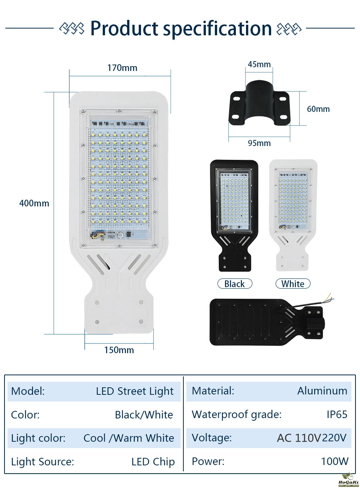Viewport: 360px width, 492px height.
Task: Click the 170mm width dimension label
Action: coord(122,68)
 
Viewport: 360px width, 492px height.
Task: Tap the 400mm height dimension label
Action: coord(34,203)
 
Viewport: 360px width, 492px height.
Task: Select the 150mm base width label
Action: coord(119,350)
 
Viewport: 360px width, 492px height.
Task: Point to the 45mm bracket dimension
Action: coord(259,64)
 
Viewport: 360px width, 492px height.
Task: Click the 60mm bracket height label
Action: coord(318,109)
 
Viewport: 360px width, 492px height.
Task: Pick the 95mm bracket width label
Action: coord(259,143)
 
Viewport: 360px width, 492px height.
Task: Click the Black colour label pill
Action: coord(235,284)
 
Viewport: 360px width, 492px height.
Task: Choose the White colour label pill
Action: coord(293,284)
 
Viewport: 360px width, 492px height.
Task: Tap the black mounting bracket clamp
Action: coord(259,104)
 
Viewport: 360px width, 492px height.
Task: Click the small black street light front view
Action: coord(234,216)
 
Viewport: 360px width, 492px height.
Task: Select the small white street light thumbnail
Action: coord(293,215)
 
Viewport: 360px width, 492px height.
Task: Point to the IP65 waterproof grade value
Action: coord(337,414)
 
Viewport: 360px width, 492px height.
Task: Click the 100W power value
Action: coord(334,461)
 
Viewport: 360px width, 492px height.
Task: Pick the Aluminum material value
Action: coord(322,391)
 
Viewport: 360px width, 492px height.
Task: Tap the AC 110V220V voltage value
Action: coord(312,438)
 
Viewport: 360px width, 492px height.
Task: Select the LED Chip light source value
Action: coord(153,462)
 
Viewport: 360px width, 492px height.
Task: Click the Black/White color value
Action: coord(144,415)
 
